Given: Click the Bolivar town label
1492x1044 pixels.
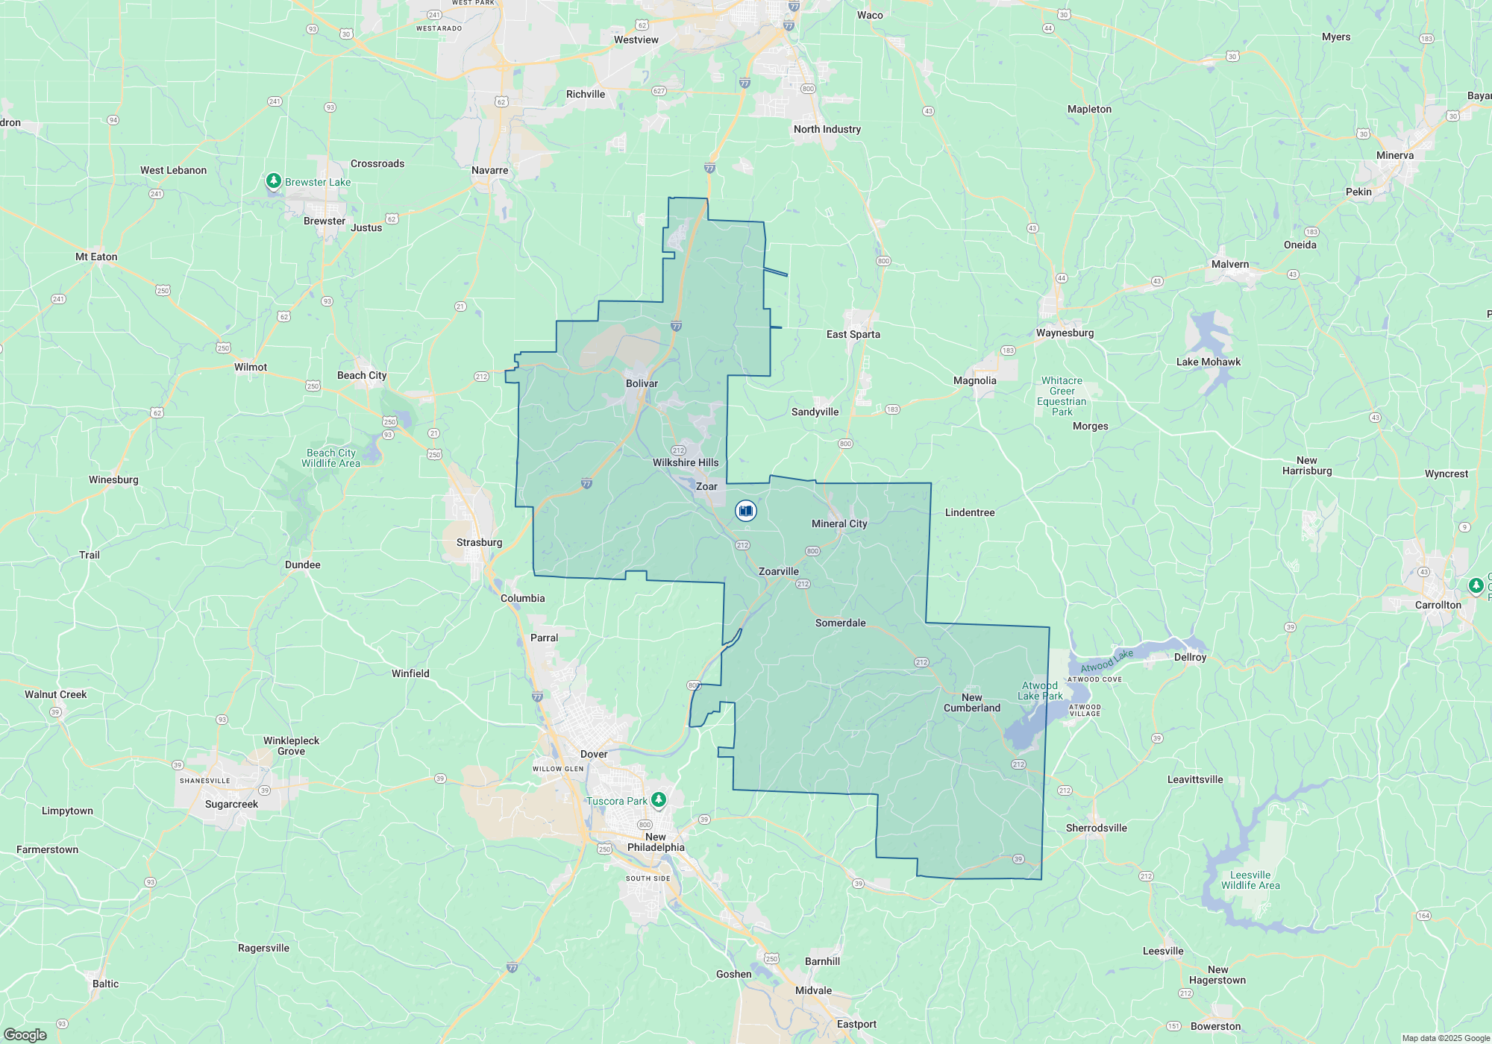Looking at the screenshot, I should click(x=642, y=383).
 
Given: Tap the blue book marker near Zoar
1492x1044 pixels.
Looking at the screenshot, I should click(x=745, y=511).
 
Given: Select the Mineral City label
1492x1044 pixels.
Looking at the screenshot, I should click(x=839, y=523).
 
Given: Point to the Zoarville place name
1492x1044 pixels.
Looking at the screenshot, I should click(x=778, y=571).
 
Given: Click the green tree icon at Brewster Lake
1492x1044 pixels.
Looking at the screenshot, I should click(x=274, y=181).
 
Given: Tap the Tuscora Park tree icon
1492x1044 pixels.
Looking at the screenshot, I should click(x=658, y=800).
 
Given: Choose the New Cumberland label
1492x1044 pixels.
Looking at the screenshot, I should click(x=971, y=702).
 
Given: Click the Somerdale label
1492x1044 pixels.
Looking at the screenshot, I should click(x=840, y=623).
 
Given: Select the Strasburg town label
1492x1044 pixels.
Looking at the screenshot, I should click(x=479, y=542).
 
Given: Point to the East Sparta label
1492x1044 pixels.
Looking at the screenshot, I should click(x=853, y=334).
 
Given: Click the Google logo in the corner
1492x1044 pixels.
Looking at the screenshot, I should click(x=25, y=1034).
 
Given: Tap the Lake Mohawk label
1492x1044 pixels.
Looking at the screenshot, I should click(x=1208, y=362).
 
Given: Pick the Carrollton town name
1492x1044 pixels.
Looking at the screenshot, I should click(x=1438, y=605).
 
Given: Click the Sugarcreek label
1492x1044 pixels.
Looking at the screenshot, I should click(x=231, y=804).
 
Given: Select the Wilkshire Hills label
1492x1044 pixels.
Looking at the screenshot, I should click(x=686, y=462).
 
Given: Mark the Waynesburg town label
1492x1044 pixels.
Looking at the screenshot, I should click(x=1065, y=333).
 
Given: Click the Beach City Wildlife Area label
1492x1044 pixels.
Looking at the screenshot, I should click(x=330, y=458).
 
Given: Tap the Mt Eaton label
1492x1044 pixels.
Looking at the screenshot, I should click(x=96, y=257).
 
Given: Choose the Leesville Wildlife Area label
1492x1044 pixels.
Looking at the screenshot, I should click(x=1250, y=880).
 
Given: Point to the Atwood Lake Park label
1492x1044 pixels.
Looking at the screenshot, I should click(x=1040, y=691).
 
